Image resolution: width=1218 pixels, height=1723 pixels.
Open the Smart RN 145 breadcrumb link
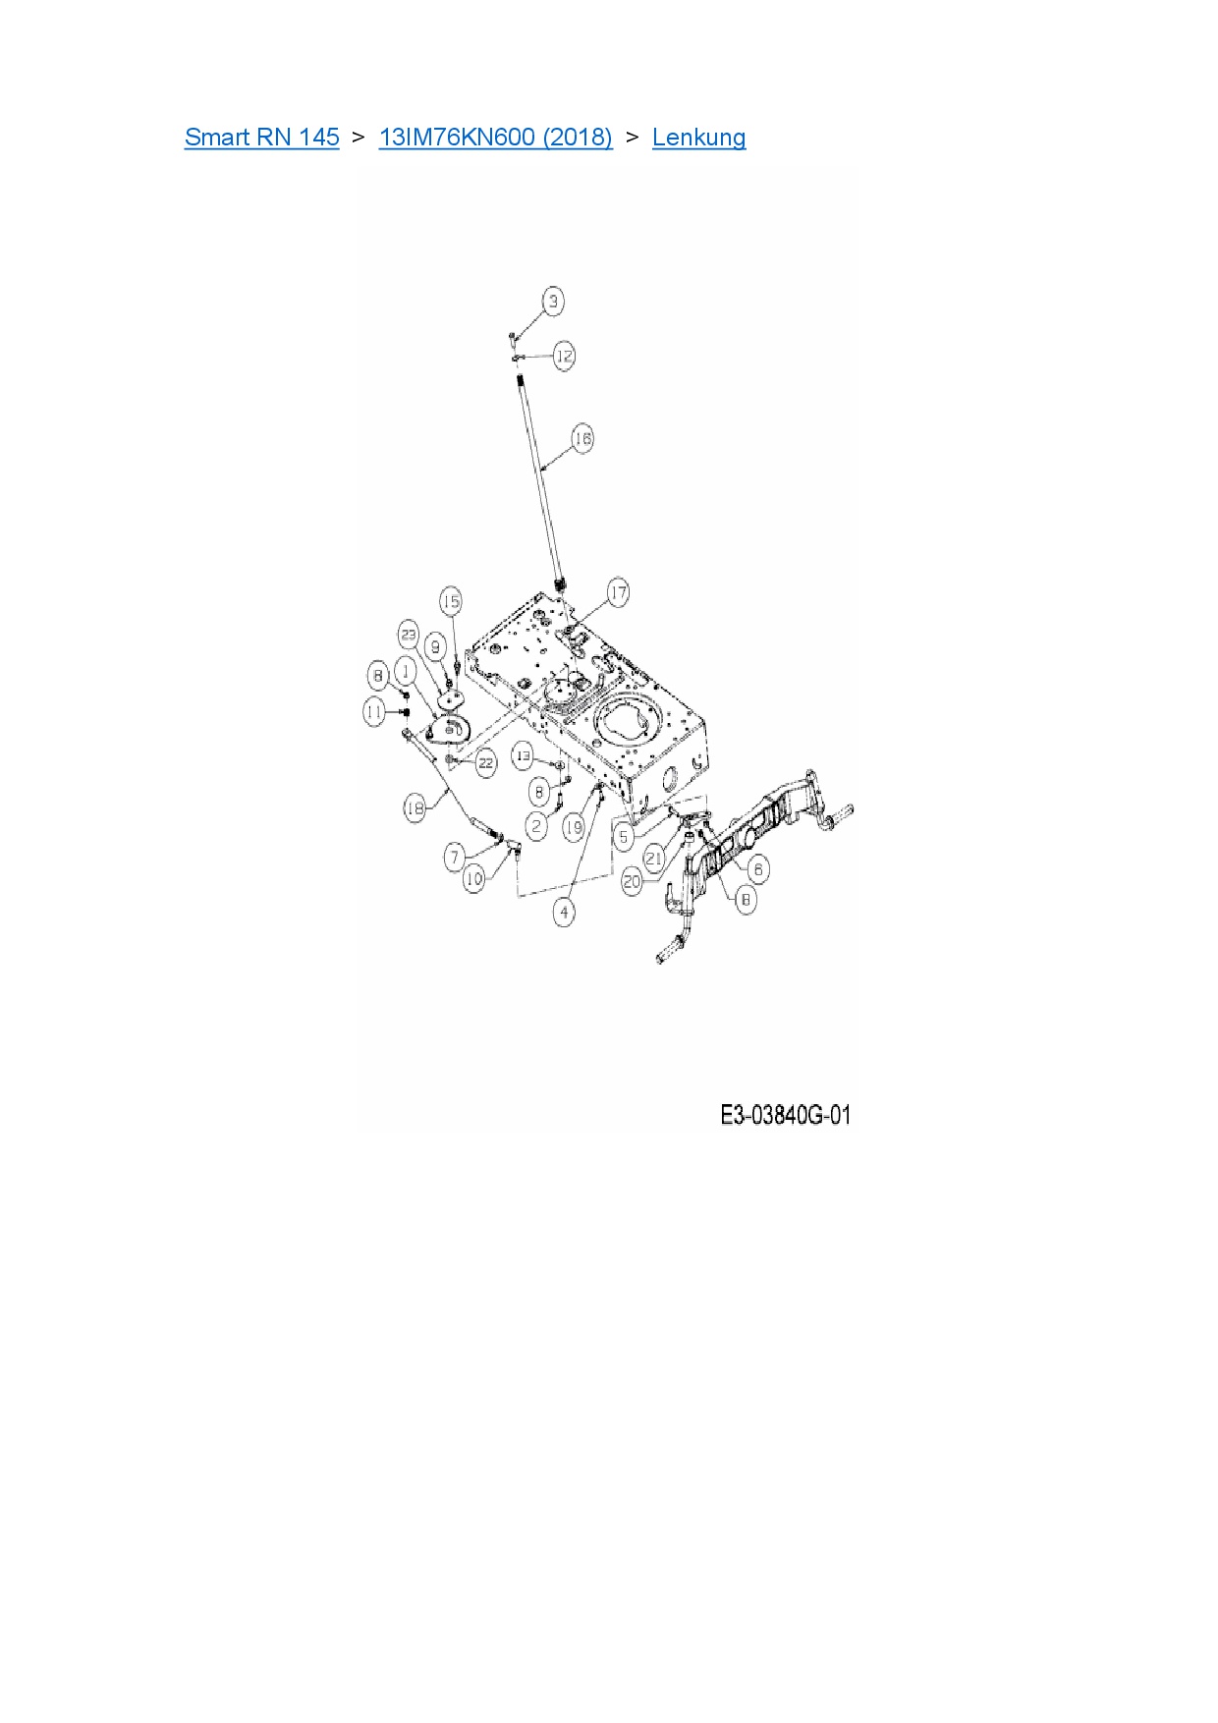(x=261, y=137)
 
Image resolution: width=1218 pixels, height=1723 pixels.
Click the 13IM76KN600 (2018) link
(x=495, y=137)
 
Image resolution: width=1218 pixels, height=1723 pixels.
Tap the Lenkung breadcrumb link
(x=698, y=137)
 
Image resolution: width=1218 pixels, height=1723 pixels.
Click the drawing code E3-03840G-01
(x=785, y=1115)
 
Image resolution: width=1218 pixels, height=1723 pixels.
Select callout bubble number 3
(x=553, y=301)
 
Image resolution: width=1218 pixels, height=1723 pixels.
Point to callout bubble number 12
(x=564, y=356)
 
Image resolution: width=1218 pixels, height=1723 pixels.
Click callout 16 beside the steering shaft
(x=582, y=438)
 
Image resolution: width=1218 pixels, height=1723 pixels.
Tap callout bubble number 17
(x=618, y=593)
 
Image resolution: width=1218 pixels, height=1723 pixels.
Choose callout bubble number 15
(x=450, y=601)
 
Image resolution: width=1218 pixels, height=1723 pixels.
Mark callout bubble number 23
(x=409, y=635)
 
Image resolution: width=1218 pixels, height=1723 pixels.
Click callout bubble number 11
(x=374, y=711)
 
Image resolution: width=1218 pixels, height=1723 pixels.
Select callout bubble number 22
(x=486, y=762)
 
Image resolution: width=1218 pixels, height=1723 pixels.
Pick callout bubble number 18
(x=415, y=807)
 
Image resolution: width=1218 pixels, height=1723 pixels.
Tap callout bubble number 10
(x=473, y=878)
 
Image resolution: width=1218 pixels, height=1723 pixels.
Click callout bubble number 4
(x=564, y=913)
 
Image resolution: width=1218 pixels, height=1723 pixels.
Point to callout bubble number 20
(x=632, y=881)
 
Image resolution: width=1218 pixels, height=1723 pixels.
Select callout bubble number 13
(x=524, y=756)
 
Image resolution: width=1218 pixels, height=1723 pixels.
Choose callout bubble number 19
(x=574, y=827)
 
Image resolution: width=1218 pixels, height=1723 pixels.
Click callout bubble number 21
(x=654, y=858)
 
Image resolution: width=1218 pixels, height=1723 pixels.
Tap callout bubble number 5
(x=624, y=837)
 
